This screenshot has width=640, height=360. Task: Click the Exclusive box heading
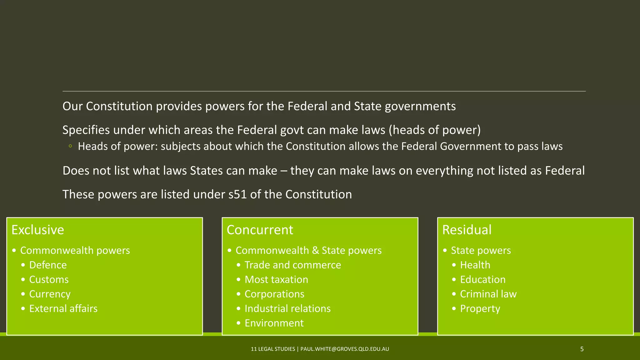(x=38, y=230)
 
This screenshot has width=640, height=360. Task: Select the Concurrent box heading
(x=260, y=230)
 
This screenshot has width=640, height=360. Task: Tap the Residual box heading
(x=467, y=230)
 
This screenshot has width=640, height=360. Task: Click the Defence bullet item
(x=48, y=265)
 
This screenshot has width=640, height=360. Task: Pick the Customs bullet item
(x=49, y=280)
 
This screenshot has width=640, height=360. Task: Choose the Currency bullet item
(x=50, y=294)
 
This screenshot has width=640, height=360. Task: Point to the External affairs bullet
(x=63, y=309)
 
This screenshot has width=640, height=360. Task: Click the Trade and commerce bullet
(x=292, y=265)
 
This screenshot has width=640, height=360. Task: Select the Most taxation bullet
(x=276, y=280)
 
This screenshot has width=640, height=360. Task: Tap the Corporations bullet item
(x=274, y=294)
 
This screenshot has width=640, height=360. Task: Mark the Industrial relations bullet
(x=287, y=309)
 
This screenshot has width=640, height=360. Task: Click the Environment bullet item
(x=274, y=323)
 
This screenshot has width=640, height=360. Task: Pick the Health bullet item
(x=475, y=265)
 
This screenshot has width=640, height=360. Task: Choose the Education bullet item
(x=483, y=280)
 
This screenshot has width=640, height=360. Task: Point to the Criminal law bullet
(x=488, y=294)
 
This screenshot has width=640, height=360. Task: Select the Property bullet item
(x=480, y=309)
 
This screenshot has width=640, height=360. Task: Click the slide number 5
(x=582, y=349)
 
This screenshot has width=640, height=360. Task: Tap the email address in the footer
(x=345, y=349)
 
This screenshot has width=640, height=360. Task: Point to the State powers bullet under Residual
(x=481, y=250)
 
